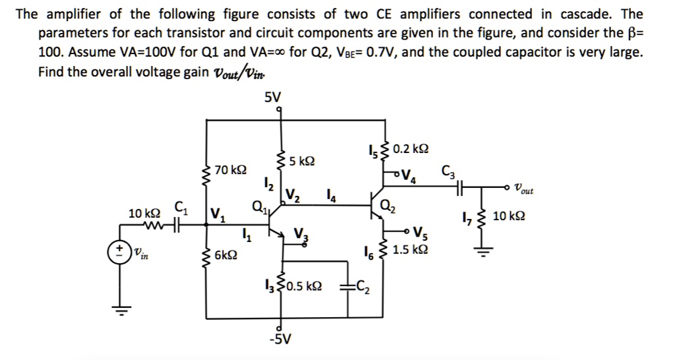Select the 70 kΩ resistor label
click(x=231, y=171)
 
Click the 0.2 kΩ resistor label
click(x=410, y=150)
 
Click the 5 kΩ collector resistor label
click(x=303, y=161)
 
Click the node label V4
click(x=409, y=176)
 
